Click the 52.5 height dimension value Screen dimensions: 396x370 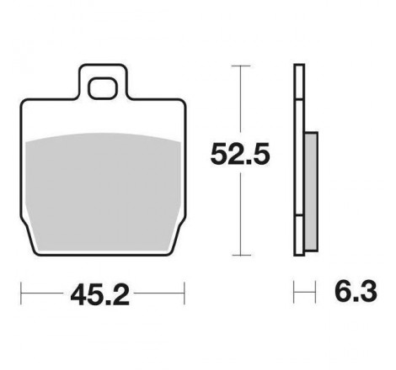(240, 153)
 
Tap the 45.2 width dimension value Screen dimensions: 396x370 (100, 295)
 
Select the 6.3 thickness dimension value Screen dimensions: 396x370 (356, 292)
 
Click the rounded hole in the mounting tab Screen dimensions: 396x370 (102, 88)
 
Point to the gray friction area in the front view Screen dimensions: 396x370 (103, 192)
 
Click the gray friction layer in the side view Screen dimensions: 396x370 (312, 192)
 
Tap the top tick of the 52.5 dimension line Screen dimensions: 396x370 (241, 66)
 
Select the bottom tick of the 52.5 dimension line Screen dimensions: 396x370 (241, 255)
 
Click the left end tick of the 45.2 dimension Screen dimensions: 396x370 (21, 293)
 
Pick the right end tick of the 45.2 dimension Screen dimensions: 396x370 (185, 293)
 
